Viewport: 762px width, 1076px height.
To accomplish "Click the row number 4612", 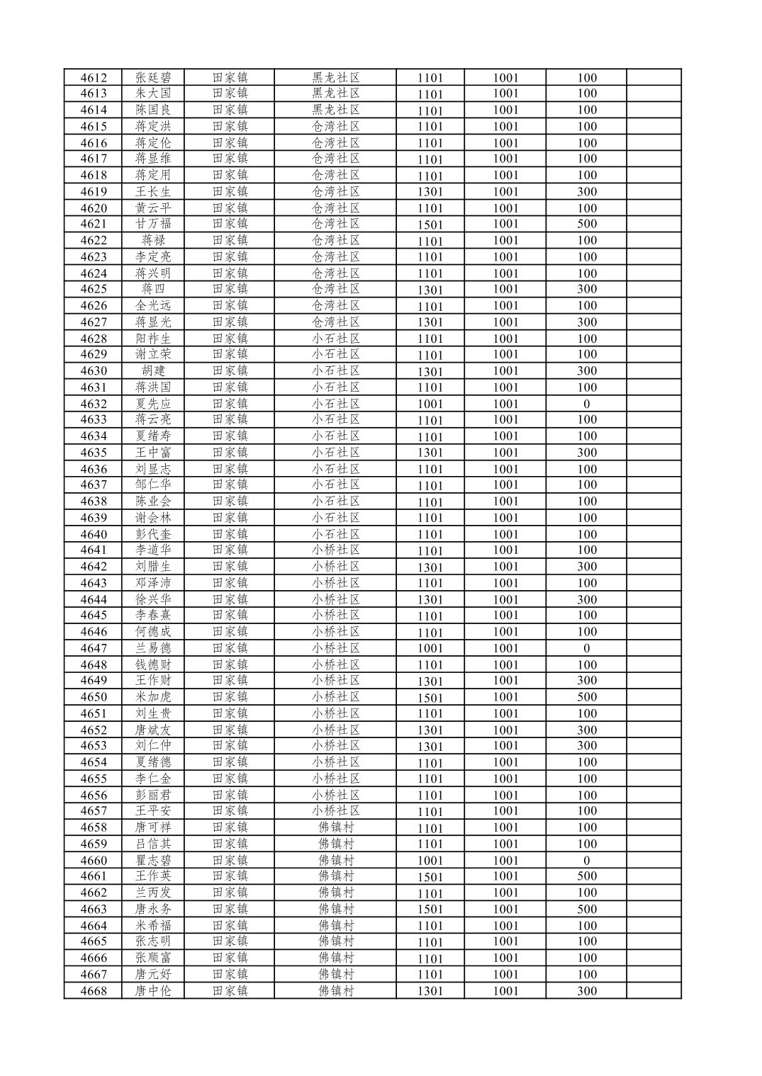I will tap(94, 78).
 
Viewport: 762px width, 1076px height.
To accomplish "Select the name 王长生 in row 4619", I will tap(153, 191).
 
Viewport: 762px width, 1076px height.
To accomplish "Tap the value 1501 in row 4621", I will tap(430, 225).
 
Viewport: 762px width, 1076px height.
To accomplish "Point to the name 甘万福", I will tap(153, 224).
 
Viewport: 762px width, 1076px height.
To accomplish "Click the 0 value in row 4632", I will tap(586, 404).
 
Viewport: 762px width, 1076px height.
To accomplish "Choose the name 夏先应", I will tap(153, 404).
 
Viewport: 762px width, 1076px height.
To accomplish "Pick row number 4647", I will tap(94, 648).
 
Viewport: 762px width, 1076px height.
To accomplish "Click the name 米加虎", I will tap(153, 697).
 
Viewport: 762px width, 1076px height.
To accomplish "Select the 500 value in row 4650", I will tap(586, 697).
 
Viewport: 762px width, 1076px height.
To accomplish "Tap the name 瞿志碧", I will tap(153, 860).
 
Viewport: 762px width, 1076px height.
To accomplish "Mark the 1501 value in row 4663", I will tap(430, 910).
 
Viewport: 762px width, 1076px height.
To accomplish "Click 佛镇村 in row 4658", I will tap(336, 827).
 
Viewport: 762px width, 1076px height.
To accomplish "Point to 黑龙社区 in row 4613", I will tap(336, 94).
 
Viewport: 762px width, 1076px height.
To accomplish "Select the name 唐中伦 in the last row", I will tap(153, 991).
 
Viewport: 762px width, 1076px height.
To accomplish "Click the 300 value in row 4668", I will tap(586, 991).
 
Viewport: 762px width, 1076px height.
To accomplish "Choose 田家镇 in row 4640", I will tap(230, 534).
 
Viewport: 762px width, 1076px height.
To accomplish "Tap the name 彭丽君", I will tap(153, 795).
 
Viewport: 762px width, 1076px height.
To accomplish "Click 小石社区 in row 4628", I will tap(336, 339).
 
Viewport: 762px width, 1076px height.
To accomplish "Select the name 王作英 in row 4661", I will tap(153, 876).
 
